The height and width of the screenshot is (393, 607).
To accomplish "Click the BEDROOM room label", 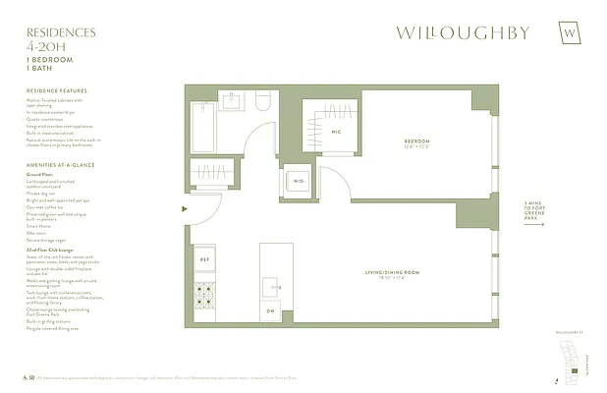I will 416,143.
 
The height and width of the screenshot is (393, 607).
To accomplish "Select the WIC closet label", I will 334,131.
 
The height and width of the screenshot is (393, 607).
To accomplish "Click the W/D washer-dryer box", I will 299,181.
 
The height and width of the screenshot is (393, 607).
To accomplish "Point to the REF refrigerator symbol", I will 205,259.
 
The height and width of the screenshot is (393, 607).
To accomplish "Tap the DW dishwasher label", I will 272,311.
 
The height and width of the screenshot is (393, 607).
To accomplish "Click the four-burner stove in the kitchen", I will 205,294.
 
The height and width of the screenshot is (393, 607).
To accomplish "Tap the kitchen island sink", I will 271,287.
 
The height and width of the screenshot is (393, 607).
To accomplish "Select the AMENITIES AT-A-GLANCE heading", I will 61,165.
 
